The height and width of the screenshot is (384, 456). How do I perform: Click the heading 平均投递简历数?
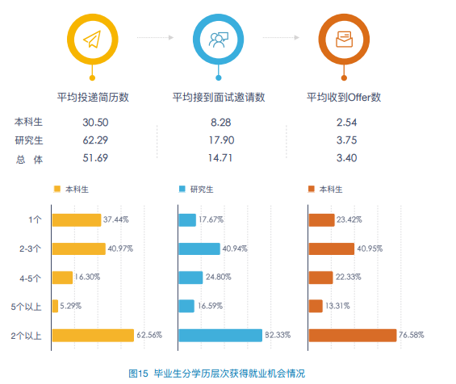(94, 98)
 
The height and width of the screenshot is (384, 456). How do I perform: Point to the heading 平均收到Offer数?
(344, 98)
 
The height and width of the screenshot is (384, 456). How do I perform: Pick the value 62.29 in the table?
(95, 140)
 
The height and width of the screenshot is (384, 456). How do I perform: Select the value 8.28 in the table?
(221, 123)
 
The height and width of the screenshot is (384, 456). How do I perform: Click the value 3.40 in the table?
(346, 158)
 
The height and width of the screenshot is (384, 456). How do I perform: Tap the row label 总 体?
(29, 159)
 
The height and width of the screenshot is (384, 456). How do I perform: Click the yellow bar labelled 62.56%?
(93, 335)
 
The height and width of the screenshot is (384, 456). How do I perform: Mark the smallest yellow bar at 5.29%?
(55, 306)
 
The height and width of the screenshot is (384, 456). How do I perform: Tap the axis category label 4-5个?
(31, 277)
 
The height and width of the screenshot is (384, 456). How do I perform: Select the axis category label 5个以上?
(29, 306)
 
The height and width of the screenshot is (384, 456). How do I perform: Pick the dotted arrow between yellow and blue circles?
(156, 38)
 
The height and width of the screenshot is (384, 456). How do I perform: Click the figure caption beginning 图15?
(217, 374)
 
